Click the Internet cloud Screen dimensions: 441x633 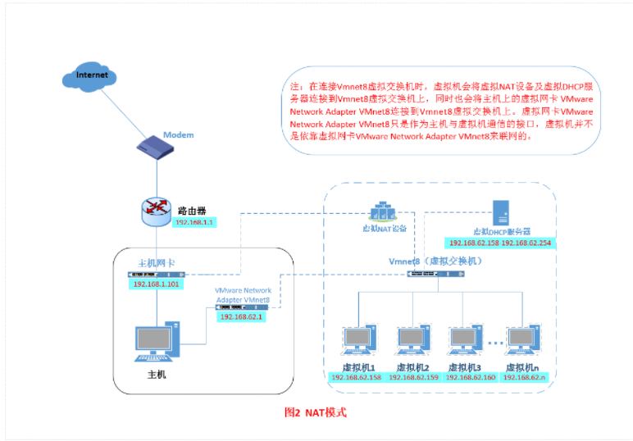[92, 77]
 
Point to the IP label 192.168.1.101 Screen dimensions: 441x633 [156, 284]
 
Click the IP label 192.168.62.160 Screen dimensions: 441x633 [466, 378]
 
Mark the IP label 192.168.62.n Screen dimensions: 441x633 [524, 378]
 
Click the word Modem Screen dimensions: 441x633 [178, 134]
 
